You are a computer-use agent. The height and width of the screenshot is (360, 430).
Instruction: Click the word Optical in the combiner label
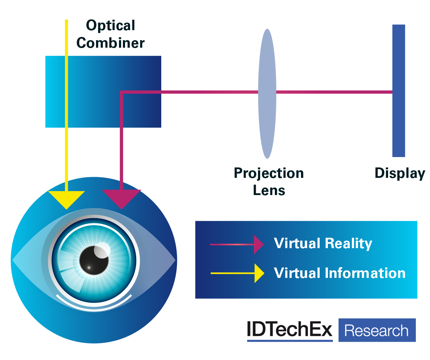click(x=110, y=25)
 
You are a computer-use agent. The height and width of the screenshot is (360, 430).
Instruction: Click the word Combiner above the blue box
click(x=110, y=43)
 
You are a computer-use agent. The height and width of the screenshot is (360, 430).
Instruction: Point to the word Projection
click(x=269, y=174)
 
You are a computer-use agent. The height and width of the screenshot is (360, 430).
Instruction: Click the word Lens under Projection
click(x=269, y=190)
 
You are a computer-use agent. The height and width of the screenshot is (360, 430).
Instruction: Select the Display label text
click(x=400, y=174)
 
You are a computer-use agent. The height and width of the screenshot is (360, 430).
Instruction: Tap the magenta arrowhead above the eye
click(x=122, y=199)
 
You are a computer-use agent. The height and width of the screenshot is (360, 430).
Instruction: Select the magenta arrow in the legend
click(x=236, y=245)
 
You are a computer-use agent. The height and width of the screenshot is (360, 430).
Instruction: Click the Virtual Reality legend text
click(x=323, y=243)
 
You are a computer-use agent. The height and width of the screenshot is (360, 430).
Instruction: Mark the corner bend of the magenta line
click(x=122, y=93)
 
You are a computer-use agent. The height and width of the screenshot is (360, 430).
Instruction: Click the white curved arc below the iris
click(x=94, y=302)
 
